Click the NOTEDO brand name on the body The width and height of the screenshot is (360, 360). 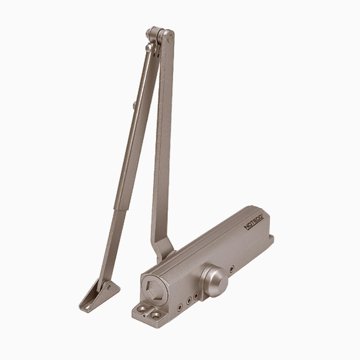click(254, 222)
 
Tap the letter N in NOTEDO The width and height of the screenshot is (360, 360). click(246, 227)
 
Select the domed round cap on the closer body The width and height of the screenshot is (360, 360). click(214, 281)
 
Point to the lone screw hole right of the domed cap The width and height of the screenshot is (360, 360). click(232, 268)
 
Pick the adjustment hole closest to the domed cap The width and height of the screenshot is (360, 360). click(196, 296)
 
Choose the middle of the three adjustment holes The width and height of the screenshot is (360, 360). click(189, 300)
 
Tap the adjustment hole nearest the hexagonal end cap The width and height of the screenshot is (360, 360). click(180, 307)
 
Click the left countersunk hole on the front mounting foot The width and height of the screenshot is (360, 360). click(142, 309)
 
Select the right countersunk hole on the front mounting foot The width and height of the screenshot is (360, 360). click(156, 316)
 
